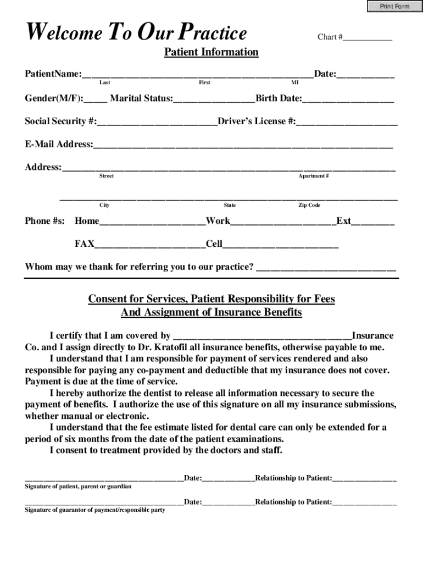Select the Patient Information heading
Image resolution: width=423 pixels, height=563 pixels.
pos(211,52)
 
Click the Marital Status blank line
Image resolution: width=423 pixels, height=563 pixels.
pos(214,100)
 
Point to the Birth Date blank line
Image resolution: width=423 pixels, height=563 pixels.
pos(348,100)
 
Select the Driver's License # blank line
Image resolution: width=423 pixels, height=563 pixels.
pos(347,123)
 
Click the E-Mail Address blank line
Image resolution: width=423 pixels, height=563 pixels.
pos(243,146)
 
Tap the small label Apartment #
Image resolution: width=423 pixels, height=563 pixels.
pos(314,176)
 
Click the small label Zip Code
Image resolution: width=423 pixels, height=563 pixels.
pos(309,205)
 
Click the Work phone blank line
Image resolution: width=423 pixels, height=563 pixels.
pos(283,223)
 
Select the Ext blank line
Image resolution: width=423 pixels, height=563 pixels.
pos(372,223)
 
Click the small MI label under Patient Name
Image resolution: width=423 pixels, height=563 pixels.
pos(295,82)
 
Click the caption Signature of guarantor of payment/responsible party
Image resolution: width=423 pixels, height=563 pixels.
pos(95,510)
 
